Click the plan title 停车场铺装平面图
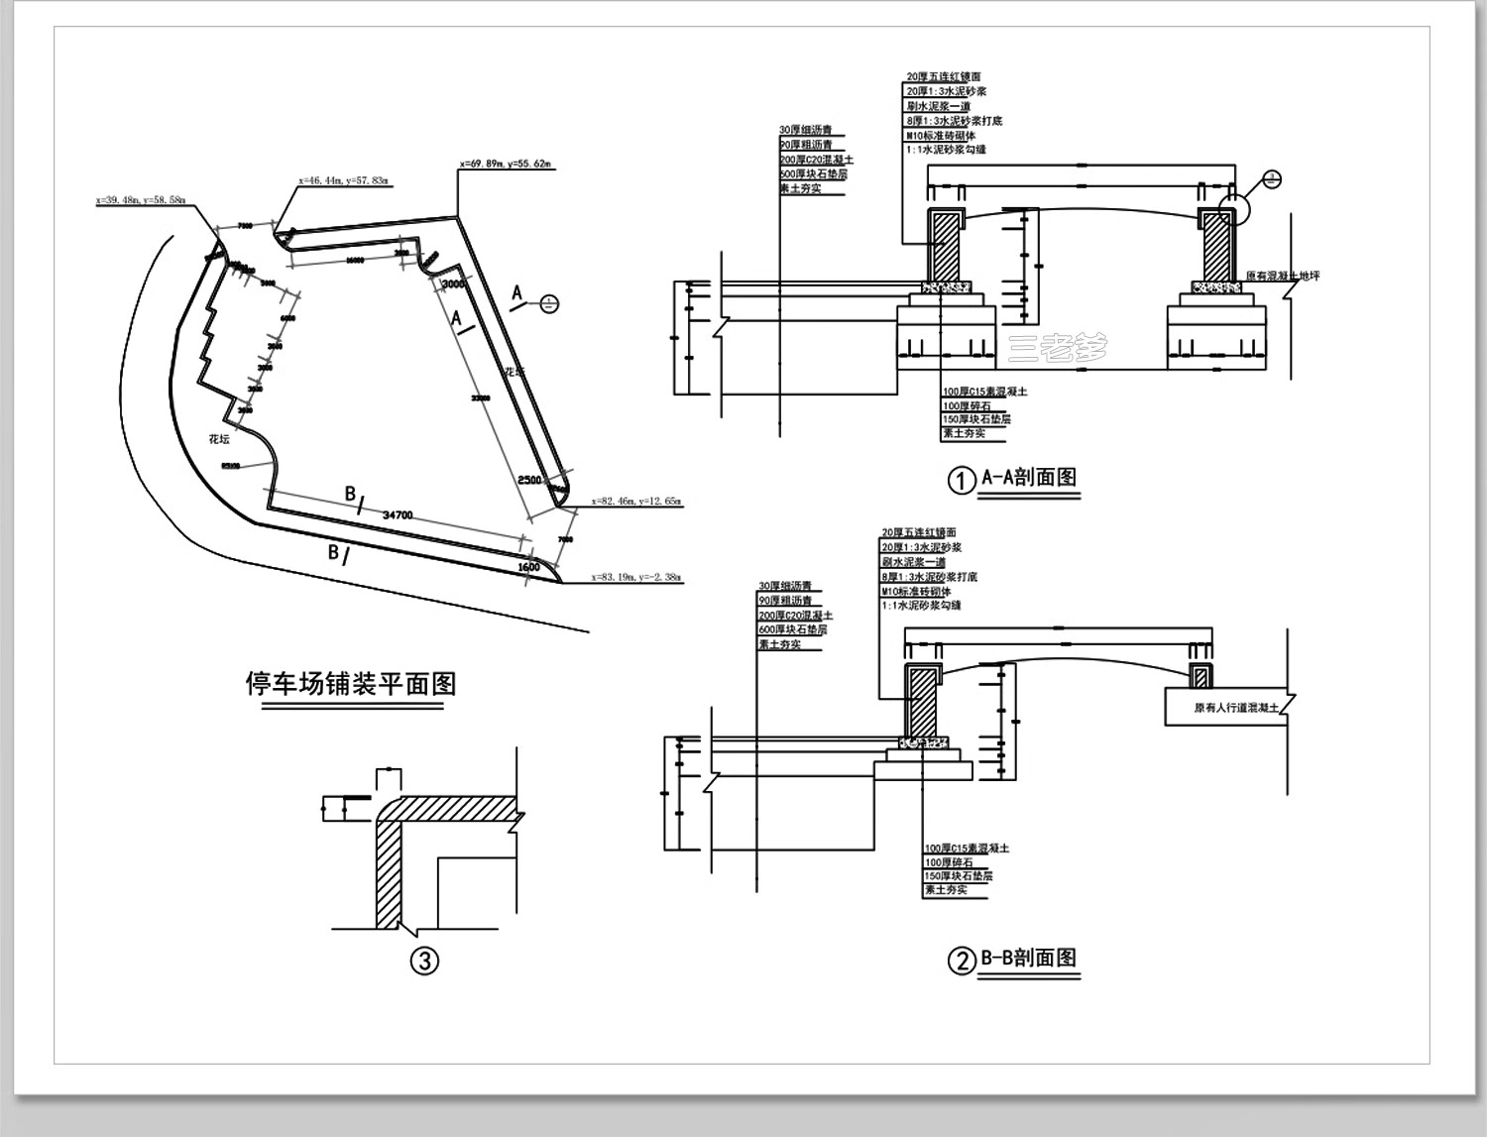pos(350,684)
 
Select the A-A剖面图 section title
pos(1028,478)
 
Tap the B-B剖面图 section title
pos(1028,959)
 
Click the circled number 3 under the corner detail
pos(424,961)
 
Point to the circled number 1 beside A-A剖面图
pos(962,481)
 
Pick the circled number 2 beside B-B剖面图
pos(962,961)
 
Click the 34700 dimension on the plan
pos(398,514)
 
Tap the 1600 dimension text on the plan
pos(528,567)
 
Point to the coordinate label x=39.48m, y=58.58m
pos(140,200)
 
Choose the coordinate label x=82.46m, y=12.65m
pos(635,502)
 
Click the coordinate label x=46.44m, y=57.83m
pos(344,181)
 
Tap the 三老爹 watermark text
pos(1057,347)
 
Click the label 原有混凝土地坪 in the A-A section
pos(1283,277)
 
